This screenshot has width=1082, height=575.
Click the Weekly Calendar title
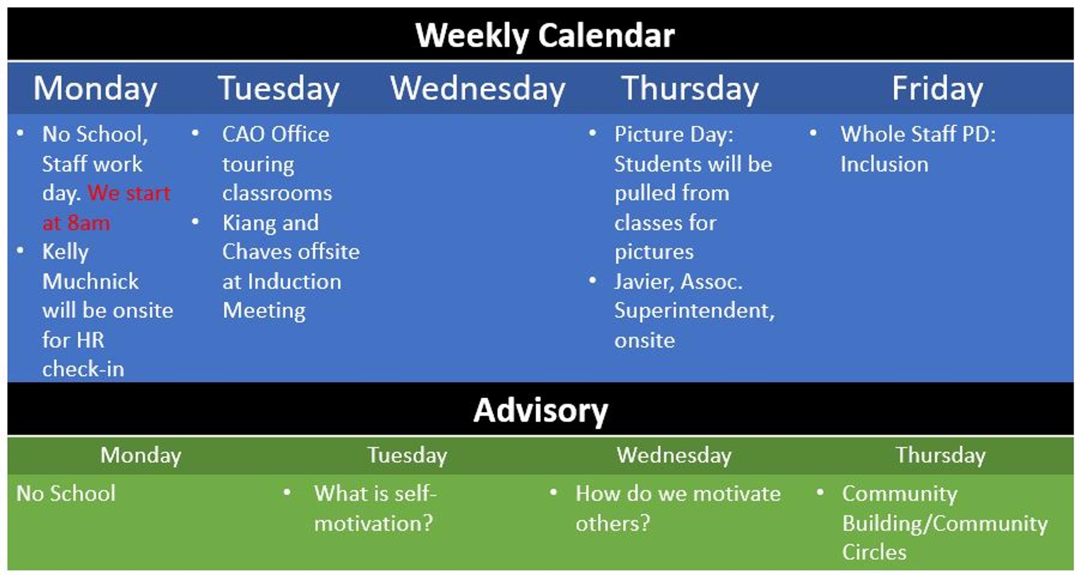(x=545, y=36)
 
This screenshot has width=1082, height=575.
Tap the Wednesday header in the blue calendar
(x=477, y=89)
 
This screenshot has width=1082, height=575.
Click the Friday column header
(x=937, y=89)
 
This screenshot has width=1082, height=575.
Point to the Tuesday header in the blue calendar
(x=279, y=89)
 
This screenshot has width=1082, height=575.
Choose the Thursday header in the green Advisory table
(x=940, y=455)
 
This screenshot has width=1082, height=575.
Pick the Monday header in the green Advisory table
(x=141, y=455)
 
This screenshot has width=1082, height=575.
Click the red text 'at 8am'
(x=76, y=223)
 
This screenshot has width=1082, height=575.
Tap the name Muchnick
(x=91, y=282)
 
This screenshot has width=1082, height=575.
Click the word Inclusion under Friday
(x=885, y=164)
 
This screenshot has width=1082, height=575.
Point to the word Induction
(x=294, y=282)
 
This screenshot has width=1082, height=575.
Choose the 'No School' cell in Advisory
(x=66, y=493)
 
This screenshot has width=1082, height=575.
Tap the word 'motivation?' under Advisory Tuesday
(x=373, y=523)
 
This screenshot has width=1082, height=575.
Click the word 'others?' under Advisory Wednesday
(x=613, y=523)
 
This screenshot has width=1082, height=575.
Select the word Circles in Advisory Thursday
(x=874, y=552)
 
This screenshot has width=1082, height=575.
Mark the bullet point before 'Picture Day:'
(x=593, y=133)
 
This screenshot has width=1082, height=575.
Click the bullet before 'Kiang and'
(x=195, y=222)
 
